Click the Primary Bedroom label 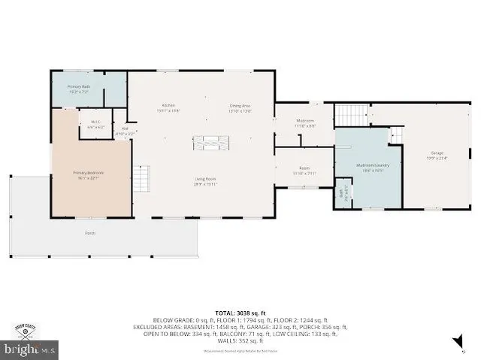(x=88, y=174)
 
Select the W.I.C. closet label (x=95, y=125)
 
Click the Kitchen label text (x=168, y=107)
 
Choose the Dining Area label (x=240, y=107)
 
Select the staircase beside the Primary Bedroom (x=142, y=178)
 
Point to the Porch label (x=90, y=233)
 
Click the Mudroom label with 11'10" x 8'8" (x=304, y=123)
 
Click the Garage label (x=437, y=155)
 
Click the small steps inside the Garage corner (x=395, y=135)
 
